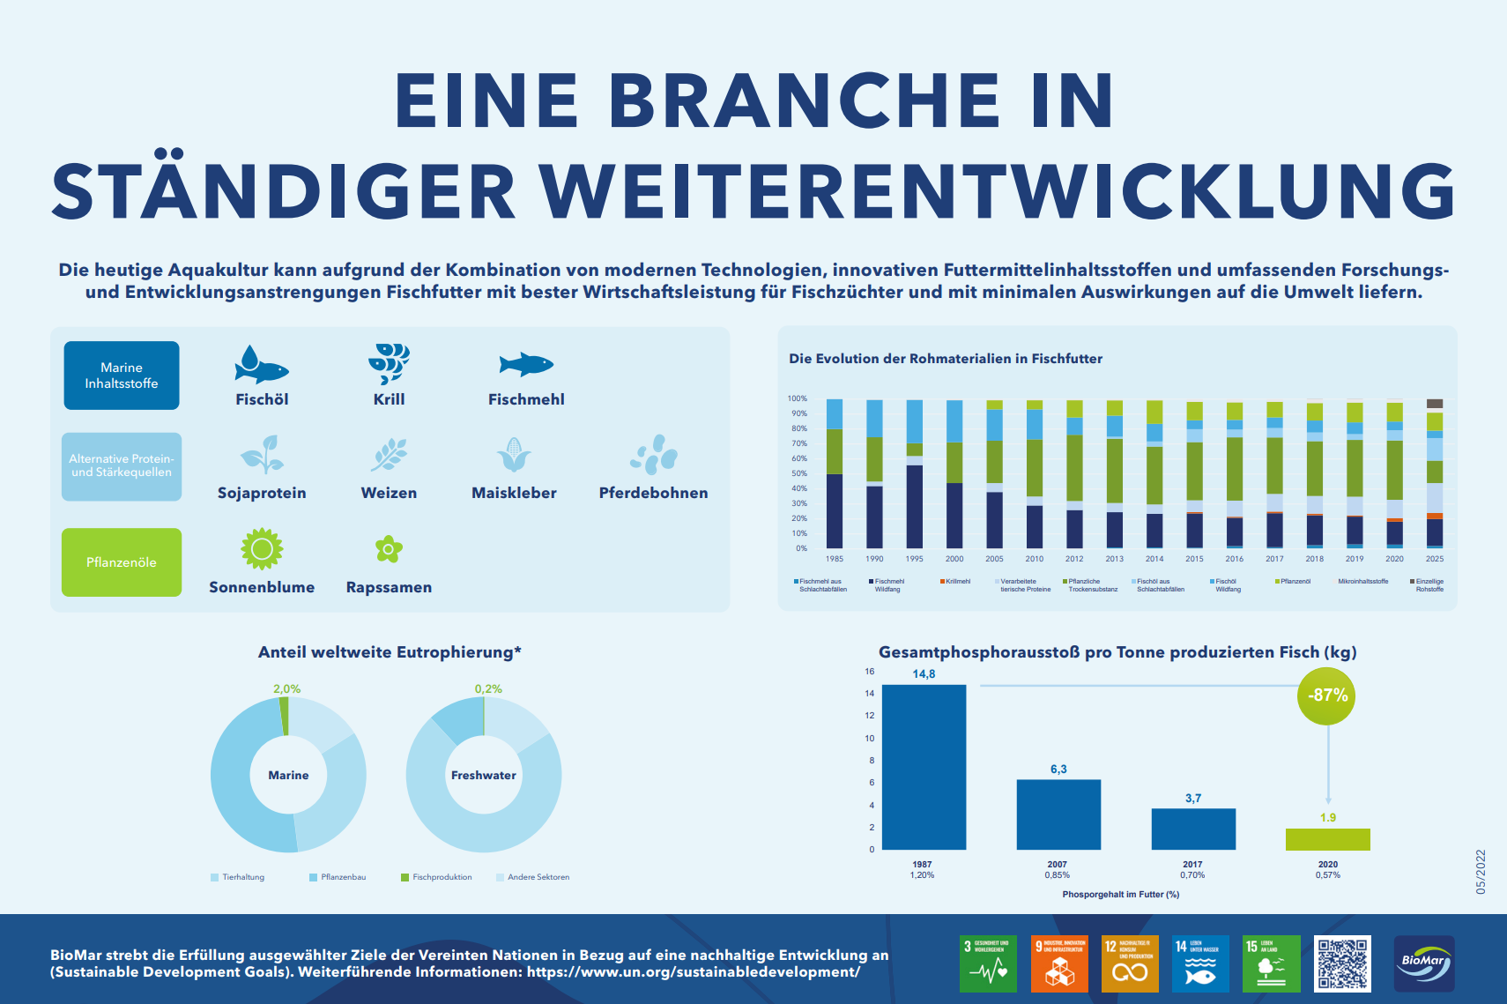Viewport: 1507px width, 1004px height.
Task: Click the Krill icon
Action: click(389, 364)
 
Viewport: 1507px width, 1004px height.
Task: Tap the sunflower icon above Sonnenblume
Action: click(262, 549)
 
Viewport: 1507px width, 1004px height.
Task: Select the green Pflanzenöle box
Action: click(122, 562)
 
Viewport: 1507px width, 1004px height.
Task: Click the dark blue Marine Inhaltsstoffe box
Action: click(122, 376)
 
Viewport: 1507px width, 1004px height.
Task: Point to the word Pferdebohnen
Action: click(653, 493)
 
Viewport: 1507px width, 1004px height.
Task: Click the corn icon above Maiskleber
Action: click(514, 455)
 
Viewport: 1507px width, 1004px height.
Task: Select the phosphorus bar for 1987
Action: click(924, 767)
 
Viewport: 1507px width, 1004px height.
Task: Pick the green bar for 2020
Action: click(1327, 839)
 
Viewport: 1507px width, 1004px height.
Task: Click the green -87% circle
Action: click(1327, 695)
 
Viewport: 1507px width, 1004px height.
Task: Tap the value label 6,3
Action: click(1058, 770)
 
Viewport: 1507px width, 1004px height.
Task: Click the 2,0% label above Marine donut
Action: click(286, 689)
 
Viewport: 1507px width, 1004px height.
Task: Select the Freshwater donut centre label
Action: click(483, 776)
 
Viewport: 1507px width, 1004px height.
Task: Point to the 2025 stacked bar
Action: click(1435, 476)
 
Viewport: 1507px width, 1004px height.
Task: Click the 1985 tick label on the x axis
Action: click(834, 559)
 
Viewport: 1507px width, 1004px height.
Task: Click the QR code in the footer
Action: click(1342, 963)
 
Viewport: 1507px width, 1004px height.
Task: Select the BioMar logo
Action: click(1424, 963)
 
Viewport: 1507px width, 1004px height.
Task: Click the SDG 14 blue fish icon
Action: click(1200, 964)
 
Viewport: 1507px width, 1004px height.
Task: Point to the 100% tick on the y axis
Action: click(797, 398)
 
